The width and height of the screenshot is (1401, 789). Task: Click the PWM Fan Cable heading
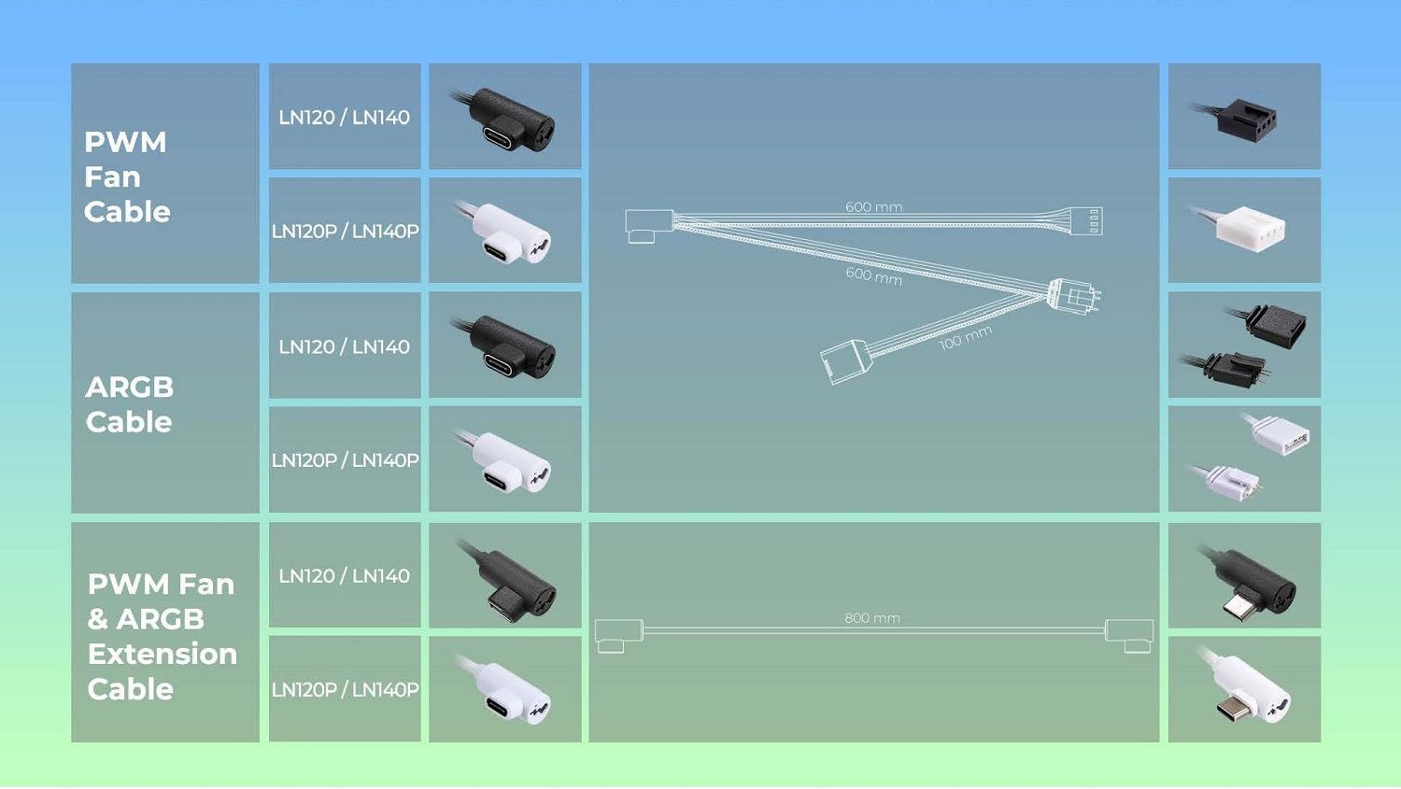127,176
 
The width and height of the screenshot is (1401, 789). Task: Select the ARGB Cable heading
129,404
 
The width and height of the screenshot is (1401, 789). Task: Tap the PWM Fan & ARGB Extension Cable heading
162,636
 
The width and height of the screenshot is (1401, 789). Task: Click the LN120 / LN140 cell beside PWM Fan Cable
344,118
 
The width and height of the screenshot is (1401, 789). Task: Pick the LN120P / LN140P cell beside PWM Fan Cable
345,231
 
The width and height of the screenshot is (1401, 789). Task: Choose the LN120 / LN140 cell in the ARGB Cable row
344,346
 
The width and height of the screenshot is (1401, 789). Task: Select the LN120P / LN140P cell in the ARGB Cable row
345,460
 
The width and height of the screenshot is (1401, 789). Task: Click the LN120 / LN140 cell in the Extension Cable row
344,576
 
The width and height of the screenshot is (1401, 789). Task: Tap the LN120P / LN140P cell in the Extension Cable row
345,690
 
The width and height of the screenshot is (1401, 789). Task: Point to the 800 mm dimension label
871,618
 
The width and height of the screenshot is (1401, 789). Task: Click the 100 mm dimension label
965,338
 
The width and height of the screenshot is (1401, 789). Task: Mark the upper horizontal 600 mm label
873,207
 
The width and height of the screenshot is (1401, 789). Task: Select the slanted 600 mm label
873,275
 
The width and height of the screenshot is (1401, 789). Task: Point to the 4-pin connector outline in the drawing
1086,221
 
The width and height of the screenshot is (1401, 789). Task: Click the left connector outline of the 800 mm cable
618,635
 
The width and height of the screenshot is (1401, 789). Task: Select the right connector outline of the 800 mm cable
1129,635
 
